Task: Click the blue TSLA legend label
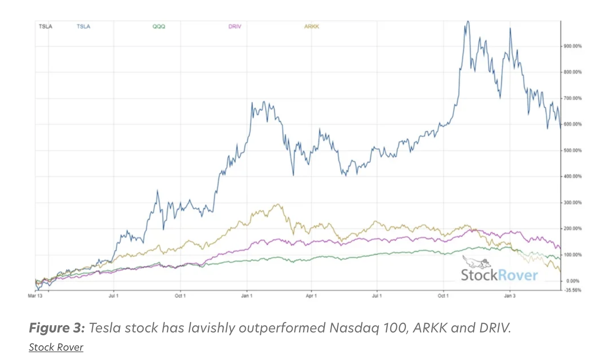(83, 27)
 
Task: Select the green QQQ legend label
(159, 27)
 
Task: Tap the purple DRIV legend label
(235, 27)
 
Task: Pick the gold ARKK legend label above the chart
(312, 27)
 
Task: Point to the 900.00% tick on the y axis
(573, 46)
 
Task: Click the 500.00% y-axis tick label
(573, 150)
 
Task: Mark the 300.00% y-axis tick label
(573, 203)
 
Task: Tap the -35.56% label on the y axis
(573, 290)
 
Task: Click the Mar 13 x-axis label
(35, 296)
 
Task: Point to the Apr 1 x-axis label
(311, 296)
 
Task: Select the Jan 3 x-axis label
(510, 296)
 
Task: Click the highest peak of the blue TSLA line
(468, 21)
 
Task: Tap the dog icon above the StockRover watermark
(477, 262)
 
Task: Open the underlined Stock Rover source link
(56, 347)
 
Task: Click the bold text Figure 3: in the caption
(57, 328)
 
